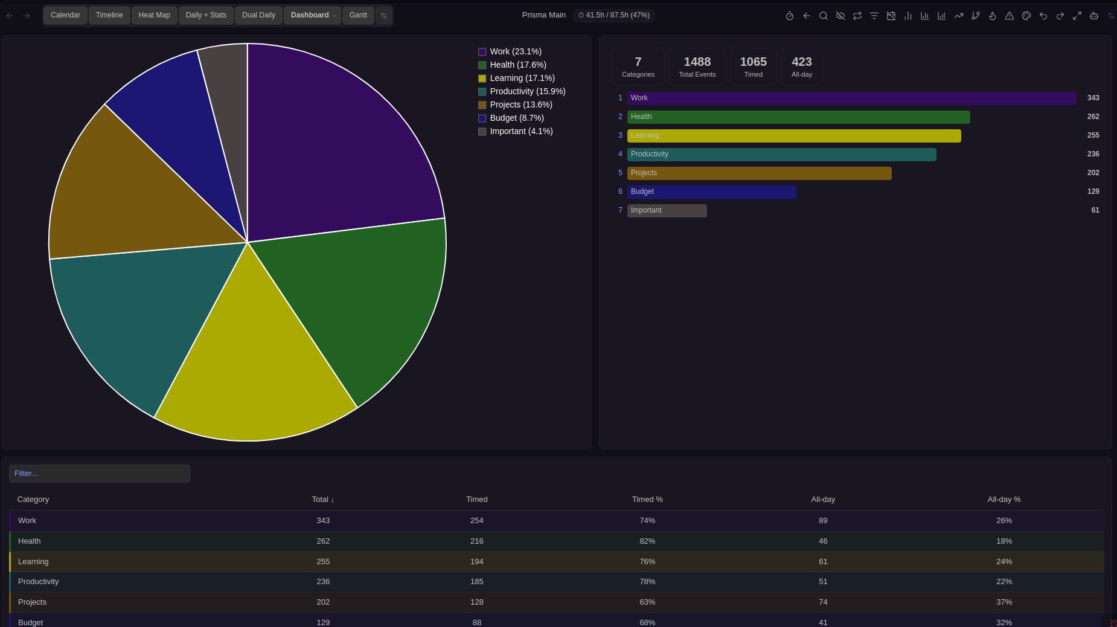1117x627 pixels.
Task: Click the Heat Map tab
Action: click(x=154, y=15)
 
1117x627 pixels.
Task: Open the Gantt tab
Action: click(x=358, y=15)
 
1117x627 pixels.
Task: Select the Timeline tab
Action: click(x=109, y=15)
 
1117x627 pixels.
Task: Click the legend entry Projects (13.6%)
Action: click(x=520, y=104)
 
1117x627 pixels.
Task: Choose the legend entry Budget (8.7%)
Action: click(x=516, y=118)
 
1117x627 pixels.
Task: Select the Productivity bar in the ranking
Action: click(x=781, y=155)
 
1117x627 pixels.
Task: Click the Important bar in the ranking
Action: click(x=667, y=211)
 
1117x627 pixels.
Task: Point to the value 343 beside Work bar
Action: click(x=1093, y=98)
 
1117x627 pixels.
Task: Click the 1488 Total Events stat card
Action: click(x=697, y=66)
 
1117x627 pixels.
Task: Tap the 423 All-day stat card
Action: click(x=801, y=66)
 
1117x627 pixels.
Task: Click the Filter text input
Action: click(x=100, y=474)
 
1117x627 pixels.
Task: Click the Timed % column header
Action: click(x=647, y=500)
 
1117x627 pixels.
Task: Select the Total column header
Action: click(x=322, y=500)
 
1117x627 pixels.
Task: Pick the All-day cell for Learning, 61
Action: click(x=823, y=562)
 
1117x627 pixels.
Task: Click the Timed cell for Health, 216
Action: click(x=476, y=541)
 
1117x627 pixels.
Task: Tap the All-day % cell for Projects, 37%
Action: click(x=1003, y=602)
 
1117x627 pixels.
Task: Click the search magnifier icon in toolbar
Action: click(x=823, y=16)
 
